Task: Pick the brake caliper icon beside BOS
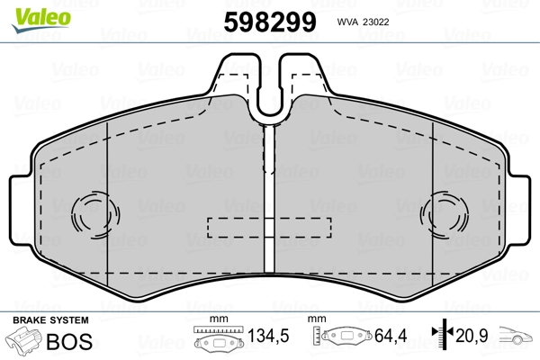tap(24, 341)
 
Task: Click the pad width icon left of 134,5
tap(220, 340)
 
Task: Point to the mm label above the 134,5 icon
tap(215, 320)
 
